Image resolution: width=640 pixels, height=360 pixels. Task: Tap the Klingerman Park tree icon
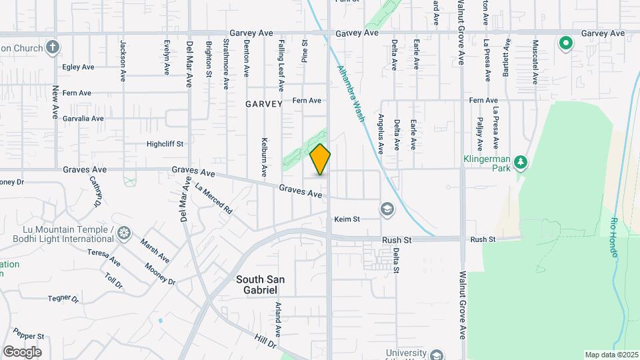click(x=521, y=162)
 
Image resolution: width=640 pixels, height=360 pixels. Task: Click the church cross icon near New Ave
click(x=53, y=47)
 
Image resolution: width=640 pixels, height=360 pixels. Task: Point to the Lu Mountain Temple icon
click(x=123, y=233)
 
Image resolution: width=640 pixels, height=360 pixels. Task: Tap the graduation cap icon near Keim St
click(x=386, y=210)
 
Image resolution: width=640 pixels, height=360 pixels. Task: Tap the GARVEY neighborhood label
click(x=264, y=105)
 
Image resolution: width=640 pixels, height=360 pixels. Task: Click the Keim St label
click(x=347, y=219)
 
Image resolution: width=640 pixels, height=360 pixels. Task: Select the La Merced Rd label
click(x=213, y=198)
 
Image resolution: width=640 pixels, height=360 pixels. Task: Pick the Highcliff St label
click(x=165, y=143)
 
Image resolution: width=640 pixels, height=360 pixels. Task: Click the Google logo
click(x=22, y=351)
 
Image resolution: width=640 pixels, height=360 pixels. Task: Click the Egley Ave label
click(x=78, y=67)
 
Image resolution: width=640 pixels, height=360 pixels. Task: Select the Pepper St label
click(x=28, y=336)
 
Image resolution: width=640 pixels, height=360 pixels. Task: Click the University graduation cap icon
click(x=437, y=355)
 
